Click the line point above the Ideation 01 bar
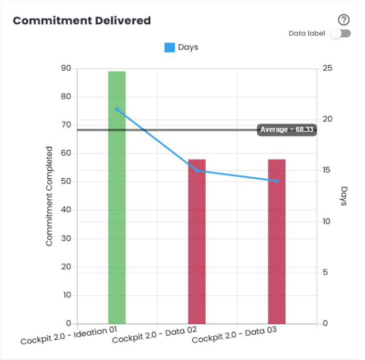(117, 109)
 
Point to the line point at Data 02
(197, 171)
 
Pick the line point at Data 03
(277, 181)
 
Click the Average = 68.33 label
(287, 130)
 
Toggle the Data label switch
(340, 34)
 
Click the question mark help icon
(343, 20)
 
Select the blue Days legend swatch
(170, 47)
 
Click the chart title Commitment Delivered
(82, 21)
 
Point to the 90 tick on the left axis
(66, 68)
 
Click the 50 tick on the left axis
(66, 182)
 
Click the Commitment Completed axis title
(49, 196)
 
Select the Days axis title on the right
(344, 196)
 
